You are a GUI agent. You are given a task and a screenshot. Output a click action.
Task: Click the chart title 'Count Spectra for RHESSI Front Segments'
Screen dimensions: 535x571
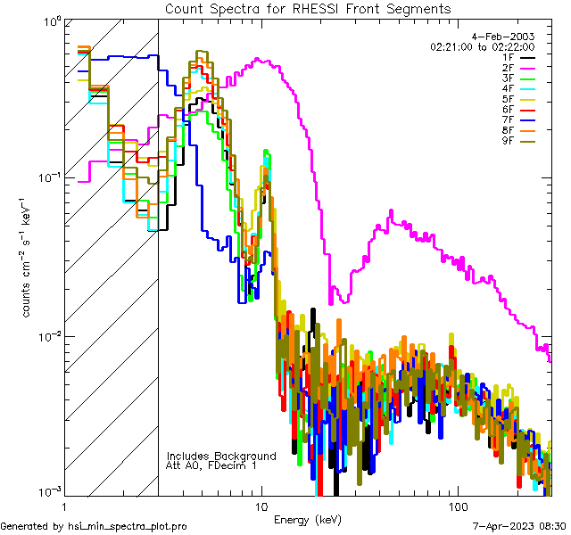coord(308,8)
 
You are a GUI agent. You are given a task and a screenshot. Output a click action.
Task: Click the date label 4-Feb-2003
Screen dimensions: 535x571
coord(503,36)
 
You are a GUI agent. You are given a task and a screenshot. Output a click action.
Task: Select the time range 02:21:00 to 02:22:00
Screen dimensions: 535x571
coord(482,46)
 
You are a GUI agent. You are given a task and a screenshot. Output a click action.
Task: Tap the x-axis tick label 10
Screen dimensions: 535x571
coord(261,506)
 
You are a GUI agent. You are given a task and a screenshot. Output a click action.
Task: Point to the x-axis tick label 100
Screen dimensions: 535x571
coord(457,506)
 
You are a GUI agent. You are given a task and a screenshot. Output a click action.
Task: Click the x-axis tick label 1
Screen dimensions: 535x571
coord(64,506)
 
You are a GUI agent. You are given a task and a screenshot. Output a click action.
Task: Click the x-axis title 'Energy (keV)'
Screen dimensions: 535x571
coord(309,519)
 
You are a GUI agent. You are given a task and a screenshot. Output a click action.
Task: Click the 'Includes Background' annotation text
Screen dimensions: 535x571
coord(221,456)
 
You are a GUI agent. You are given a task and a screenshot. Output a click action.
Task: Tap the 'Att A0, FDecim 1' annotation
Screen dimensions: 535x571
coord(211,465)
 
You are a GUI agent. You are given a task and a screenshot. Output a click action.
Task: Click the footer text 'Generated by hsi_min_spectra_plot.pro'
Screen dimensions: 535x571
coord(94,527)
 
